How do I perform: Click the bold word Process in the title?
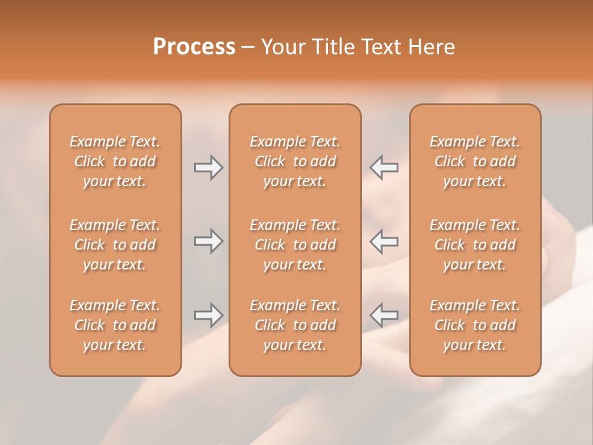click(194, 47)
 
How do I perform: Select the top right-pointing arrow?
click(208, 167)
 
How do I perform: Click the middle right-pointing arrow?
click(208, 241)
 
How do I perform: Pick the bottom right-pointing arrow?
click(208, 315)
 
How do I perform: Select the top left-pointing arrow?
click(384, 167)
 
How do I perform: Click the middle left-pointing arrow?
click(384, 241)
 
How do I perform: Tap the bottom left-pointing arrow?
click(384, 315)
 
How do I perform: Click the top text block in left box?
click(115, 161)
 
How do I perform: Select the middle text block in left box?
click(115, 245)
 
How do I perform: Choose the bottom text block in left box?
click(115, 325)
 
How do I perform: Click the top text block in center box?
click(295, 161)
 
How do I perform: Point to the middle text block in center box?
click(295, 245)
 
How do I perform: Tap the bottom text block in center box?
click(295, 325)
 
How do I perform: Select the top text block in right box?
click(474, 161)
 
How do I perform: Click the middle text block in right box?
click(474, 245)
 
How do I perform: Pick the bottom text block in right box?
click(474, 325)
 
